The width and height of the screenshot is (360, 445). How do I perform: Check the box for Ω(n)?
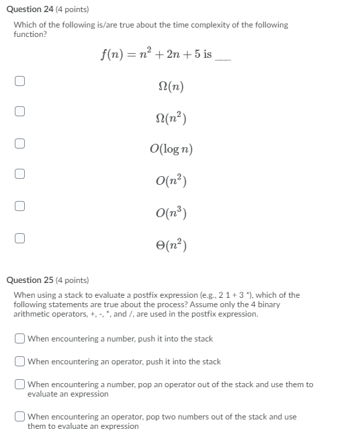tap(20, 81)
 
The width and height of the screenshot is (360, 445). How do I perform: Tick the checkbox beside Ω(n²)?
tap(20, 112)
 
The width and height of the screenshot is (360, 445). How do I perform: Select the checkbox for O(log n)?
tap(20, 143)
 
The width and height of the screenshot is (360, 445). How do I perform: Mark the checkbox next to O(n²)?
tap(20, 174)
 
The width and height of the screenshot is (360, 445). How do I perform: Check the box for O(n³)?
tap(20, 206)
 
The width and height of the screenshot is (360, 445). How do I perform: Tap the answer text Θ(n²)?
tap(171, 243)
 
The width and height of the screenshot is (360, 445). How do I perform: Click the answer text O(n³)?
tap(171, 212)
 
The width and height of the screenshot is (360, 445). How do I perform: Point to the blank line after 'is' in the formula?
tap(222, 58)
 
